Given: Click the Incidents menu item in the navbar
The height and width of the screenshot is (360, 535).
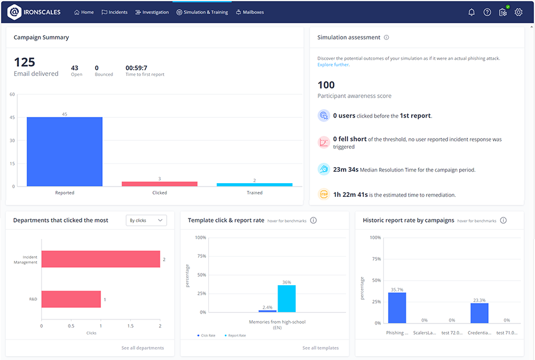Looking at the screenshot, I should tap(115, 12).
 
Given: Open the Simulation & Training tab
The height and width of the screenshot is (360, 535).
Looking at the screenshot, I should tap(202, 12).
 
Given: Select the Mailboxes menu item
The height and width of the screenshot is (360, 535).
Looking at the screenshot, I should tap(250, 12).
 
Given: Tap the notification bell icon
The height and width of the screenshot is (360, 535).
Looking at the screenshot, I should tap(471, 12).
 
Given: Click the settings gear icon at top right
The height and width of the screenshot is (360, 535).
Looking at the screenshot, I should tap(518, 12).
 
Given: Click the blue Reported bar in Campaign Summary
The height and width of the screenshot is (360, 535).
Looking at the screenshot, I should tap(65, 152).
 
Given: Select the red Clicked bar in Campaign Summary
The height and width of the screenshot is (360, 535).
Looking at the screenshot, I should tap(159, 184).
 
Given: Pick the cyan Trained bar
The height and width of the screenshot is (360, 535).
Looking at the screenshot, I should tap(255, 184).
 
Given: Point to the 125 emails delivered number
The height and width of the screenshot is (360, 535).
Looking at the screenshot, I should tap(25, 62).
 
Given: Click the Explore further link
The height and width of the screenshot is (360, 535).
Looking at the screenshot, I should tap(333, 64).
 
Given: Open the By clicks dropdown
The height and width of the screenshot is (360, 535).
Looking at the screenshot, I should tap(146, 220).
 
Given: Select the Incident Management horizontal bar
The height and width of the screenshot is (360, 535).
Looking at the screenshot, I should tap(100, 259).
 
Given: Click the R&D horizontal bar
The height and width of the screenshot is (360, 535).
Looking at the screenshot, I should tap(71, 299).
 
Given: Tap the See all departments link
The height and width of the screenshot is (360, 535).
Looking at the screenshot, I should tap(142, 347).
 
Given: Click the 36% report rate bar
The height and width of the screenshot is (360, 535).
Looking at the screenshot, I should tap(287, 298).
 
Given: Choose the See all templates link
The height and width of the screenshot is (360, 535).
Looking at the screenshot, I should tap(320, 347).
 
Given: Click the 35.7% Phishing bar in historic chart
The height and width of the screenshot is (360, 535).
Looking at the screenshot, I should tap(397, 308).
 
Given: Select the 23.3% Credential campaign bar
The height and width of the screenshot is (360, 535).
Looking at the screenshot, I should tap(480, 313).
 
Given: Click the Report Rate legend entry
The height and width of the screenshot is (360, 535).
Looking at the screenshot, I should tap(236, 335).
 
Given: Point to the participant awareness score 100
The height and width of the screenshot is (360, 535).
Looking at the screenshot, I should tap(326, 85).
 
